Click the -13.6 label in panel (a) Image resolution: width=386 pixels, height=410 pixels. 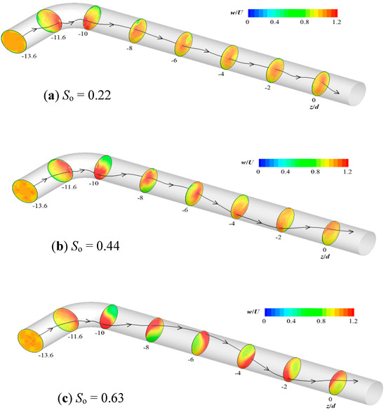pyautogui.click(x=29, y=56)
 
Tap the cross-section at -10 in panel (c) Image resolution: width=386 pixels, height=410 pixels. pyautogui.click(x=109, y=316)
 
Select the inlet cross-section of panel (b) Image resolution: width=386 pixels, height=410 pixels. pyautogui.click(x=25, y=191)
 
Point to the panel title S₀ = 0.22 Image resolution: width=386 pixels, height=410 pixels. pyautogui.click(x=77, y=96)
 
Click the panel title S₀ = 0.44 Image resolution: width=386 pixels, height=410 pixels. pyautogui.click(x=86, y=246)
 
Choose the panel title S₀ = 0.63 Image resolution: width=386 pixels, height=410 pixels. pyautogui.click(x=91, y=398)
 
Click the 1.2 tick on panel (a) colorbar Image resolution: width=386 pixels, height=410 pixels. pyautogui.click(x=337, y=22)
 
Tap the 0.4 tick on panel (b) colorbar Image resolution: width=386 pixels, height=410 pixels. pyautogui.click(x=285, y=172)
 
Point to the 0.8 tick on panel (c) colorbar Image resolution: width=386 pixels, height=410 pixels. pyautogui.click(x=321, y=321)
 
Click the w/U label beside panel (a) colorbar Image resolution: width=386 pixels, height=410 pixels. pyautogui.click(x=237, y=13)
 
